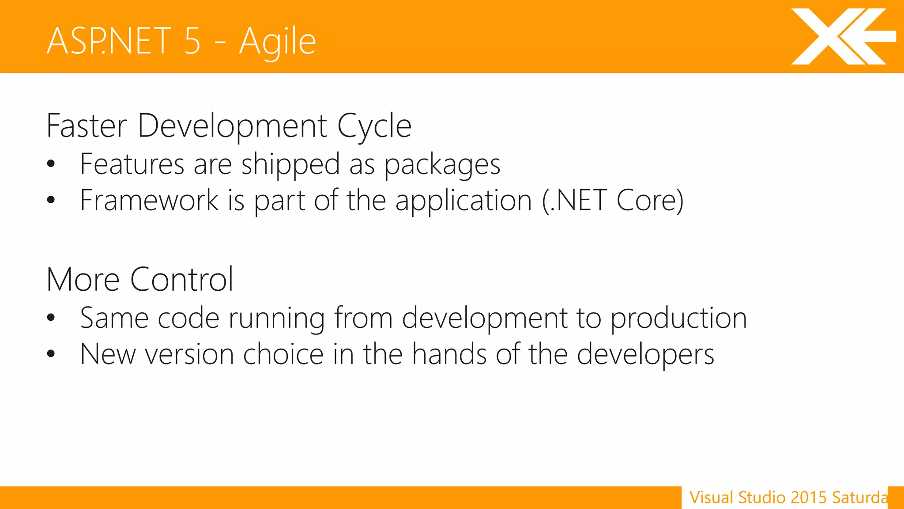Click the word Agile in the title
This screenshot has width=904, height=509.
[x=277, y=42]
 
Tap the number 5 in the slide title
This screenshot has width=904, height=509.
[x=192, y=41]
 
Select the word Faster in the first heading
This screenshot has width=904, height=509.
[x=87, y=126]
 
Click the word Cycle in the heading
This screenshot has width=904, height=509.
[x=374, y=127]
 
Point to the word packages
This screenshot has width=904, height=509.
[x=442, y=165]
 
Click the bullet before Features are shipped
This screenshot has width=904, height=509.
[x=51, y=163]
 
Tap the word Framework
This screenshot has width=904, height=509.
[x=149, y=201]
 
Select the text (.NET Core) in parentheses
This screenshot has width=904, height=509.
[x=613, y=201]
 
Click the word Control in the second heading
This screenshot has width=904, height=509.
[x=181, y=280]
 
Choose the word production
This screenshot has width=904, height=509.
[x=678, y=319]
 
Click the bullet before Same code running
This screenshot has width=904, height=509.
[x=51, y=317]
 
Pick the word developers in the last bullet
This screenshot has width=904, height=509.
[x=645, y=355]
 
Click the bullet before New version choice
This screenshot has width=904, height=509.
[x=51, y=353]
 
